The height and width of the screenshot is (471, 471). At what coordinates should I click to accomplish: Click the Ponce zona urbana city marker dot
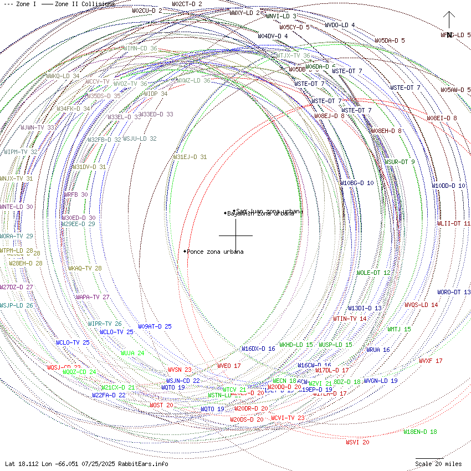click(x=185, y=252)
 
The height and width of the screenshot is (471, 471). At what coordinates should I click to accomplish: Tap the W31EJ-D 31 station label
click(x=190, y=157)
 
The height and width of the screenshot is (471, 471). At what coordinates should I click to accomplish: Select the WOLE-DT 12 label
click(x=373, y=273)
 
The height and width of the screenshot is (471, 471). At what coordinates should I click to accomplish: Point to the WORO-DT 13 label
click(x=454, y=292)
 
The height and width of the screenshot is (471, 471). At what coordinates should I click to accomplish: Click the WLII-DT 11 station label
click(x=454, y=223)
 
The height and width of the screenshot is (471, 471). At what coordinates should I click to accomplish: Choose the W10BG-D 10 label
click(x=357, y=183)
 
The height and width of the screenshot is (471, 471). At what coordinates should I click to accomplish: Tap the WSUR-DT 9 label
click(x=400, y=162)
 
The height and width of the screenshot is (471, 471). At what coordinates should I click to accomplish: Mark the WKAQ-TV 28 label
click(x=85, y=268)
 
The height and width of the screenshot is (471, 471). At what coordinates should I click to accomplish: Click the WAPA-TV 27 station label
click(x=93, y=297)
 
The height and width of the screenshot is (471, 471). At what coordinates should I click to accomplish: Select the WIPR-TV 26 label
click(x=105, y=324)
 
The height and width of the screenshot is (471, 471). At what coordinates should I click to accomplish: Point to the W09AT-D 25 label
click(x=155, y=326)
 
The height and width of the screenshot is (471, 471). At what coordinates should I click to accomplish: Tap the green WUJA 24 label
click(x=132, y=353)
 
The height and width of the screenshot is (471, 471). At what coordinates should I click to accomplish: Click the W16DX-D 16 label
click(x=258, y=349)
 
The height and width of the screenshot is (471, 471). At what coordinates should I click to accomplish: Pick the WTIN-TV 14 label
click(x=350, y=319)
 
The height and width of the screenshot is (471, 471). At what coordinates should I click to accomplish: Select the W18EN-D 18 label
click(x=420, y=432)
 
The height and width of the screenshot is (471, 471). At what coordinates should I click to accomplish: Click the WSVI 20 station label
click(x=357, y=442)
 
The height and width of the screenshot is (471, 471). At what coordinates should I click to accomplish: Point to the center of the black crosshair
click(x=235, y=235)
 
